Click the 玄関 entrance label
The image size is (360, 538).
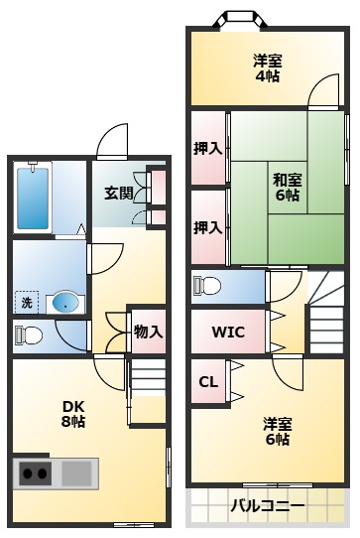(120, 193)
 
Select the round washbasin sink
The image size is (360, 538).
(64, 302)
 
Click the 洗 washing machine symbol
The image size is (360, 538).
(26, 301)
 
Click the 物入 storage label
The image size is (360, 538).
(148, 332)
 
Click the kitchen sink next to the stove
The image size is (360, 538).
(77, 473)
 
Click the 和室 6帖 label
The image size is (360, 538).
(287, 187)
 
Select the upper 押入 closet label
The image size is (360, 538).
(207, 149)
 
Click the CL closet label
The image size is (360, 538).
(208, 382)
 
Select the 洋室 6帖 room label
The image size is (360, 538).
(277, 432)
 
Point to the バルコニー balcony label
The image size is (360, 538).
(268, 506)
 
